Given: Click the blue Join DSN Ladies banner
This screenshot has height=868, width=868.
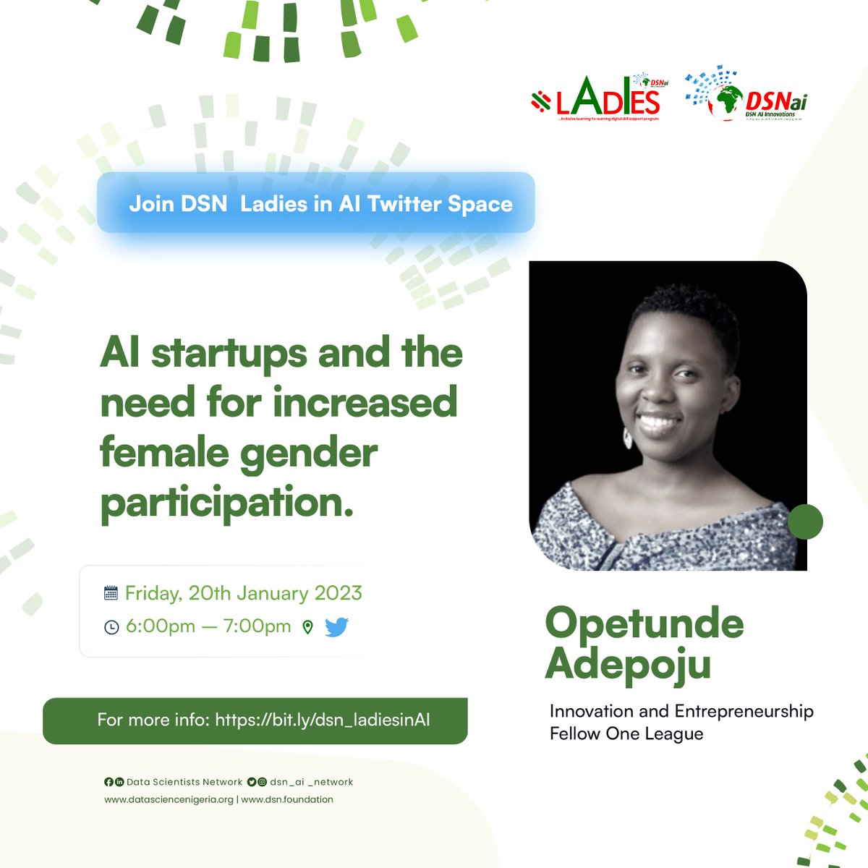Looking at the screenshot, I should (316, 203).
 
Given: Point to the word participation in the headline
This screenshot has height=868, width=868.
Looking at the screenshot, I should (226, 503).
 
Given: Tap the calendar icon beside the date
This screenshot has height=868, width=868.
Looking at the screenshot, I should (111, 593).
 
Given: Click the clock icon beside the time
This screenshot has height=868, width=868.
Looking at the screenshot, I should (111, 627).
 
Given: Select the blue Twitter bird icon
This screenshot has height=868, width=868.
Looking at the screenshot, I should (336, 627).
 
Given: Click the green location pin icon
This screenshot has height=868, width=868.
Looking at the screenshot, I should (307, 627).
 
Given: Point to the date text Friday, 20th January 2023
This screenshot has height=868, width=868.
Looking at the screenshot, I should (243, 593).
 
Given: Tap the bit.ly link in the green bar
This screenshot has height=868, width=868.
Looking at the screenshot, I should (323, 720).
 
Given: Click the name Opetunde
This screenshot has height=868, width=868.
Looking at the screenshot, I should (644, 623).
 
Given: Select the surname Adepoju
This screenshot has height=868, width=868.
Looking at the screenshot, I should (628, 663).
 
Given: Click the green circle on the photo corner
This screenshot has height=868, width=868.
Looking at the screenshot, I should (804, 521).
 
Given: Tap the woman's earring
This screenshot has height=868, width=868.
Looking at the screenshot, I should (627, 437).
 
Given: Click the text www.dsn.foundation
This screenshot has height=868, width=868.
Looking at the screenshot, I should (287, 799).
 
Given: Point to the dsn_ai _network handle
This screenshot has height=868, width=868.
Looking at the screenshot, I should (311, 782).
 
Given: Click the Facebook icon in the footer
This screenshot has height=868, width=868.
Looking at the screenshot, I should (109, 782).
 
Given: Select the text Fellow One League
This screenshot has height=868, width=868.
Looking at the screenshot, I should (626, 733).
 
